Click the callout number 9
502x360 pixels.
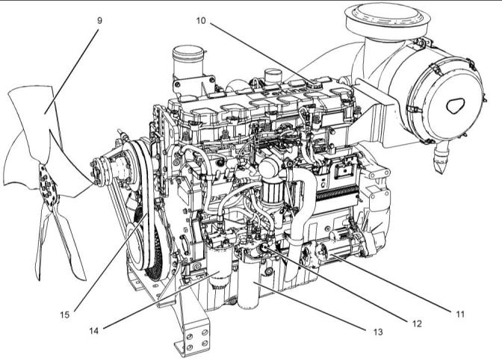tap(99, 20)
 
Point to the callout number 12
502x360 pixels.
tap(416, 323)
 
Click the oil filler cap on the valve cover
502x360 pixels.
tap(308, 86)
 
